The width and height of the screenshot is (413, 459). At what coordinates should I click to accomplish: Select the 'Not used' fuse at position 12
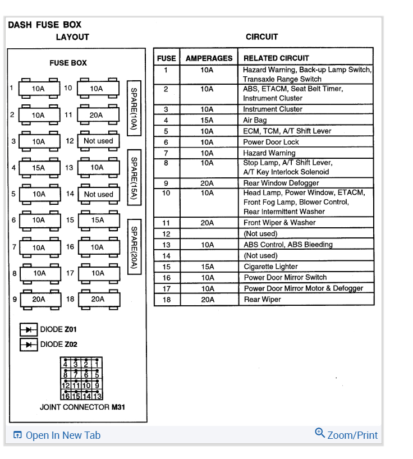98,141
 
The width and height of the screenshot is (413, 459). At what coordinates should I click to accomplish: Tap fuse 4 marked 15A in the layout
38,167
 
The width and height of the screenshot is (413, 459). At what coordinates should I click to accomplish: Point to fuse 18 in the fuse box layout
98,299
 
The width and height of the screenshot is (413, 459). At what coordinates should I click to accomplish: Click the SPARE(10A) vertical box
134,108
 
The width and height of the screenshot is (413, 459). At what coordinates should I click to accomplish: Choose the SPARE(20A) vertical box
134,246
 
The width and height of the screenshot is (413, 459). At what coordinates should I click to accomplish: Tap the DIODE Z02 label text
59,344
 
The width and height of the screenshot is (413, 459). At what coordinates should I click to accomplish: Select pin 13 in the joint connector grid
97,396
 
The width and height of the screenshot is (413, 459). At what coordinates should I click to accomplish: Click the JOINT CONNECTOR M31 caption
82,407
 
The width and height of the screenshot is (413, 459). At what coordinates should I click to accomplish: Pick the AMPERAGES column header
209,58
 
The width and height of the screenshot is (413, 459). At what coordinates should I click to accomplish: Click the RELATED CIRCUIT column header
276,58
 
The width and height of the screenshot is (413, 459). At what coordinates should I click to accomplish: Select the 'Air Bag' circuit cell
255,120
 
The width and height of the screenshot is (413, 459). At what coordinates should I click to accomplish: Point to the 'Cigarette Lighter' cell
270,267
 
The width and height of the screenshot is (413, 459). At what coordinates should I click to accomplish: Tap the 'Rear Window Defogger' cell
281,183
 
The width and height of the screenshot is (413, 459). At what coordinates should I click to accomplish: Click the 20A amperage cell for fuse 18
207,300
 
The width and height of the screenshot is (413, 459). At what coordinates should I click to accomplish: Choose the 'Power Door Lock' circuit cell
271,142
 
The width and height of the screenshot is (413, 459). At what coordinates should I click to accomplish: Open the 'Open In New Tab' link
57,435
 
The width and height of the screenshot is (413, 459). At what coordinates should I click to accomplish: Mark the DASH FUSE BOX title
45,25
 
